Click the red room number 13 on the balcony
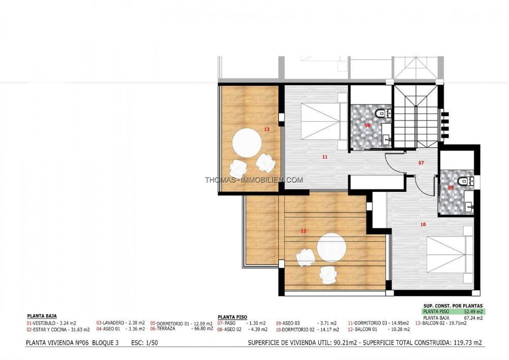click(267, 129)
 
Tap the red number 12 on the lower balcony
click(303, 231)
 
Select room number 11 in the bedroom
click(325, 157)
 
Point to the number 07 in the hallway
click(421, 162)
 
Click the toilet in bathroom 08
click(382, 113)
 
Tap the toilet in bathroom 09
click(465, 180)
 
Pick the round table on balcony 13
click(247, 143)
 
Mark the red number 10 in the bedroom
click(423, 225)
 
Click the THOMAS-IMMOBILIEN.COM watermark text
click(254, 180)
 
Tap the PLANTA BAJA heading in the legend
click(42, 316)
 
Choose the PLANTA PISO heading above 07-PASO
click(233, 317)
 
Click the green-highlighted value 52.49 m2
click(473, 312)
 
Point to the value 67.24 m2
click(473, 318)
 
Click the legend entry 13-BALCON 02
click(441, 323)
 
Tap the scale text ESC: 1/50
click(145, 343)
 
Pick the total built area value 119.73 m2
click(466, 343)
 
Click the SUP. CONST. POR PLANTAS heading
click(453, 306)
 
